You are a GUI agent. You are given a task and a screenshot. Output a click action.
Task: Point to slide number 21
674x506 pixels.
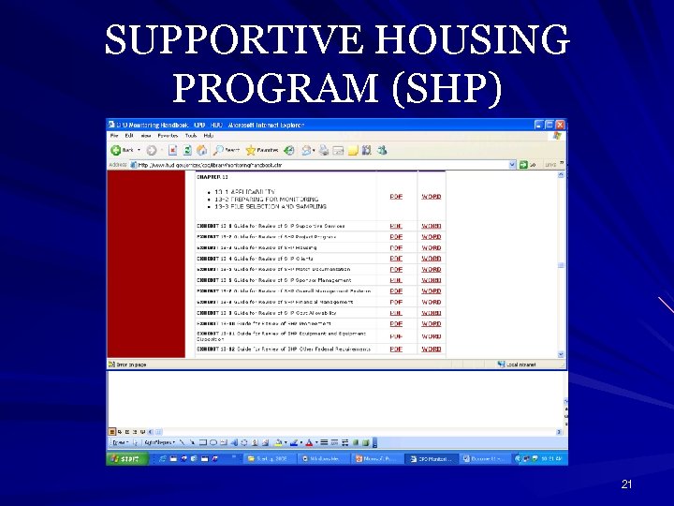pyautogui.click(x=627, y=484)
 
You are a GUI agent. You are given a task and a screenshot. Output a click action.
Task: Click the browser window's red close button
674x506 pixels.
pyautogui.click(x=561, y=125)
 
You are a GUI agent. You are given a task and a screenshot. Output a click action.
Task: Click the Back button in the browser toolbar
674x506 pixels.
pyautogui.click(x=123, y=150)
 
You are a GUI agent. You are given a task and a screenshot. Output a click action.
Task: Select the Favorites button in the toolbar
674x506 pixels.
pyautogui.click(x=263, y=150)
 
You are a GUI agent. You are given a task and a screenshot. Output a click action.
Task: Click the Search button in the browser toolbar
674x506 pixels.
pyautogui.click(x=227, y=150)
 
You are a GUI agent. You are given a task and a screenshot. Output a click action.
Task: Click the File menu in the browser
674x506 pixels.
pyautogui.click(x=114, y=136)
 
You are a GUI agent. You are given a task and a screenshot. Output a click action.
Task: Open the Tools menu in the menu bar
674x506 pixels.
pyautogui.click(x=191, y=136)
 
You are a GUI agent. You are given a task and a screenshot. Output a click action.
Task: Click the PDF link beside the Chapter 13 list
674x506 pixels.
pyautogui.click(x=396, y=196)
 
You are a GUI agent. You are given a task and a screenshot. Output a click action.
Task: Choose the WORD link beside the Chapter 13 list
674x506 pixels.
pyautogui.click(x=431, y=196)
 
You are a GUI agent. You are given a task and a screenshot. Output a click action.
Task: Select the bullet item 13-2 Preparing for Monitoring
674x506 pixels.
pyautogui.click(x=266, y=198)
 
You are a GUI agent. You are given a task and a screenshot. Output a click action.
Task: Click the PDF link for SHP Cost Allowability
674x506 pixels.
pyautogui.click(x=396, y=313)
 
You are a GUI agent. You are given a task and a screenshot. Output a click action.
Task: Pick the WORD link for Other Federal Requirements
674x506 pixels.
pyautogui.click(x=431, y=349)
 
